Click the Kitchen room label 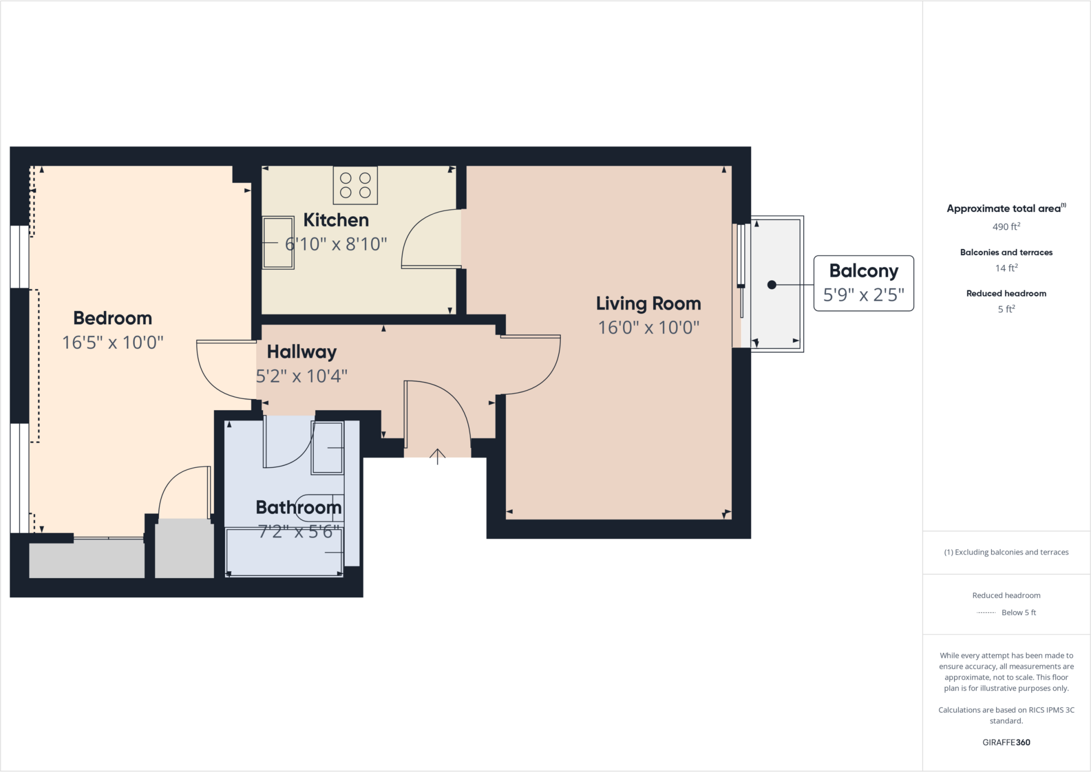336,220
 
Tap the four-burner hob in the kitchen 355,185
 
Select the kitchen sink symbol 278,242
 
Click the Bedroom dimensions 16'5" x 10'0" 112,342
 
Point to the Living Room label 648,304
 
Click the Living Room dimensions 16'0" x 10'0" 648,327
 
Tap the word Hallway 302,352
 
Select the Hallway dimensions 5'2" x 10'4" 302,376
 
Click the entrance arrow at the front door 437,456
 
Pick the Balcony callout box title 864,271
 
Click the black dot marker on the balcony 771,285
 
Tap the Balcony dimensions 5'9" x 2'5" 864,295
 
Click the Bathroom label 298,507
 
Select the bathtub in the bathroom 284,551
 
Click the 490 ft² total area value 1006,226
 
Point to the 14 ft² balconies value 1006,268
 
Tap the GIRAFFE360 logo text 1006,742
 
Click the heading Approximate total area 1004,208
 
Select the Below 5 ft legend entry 1018,612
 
